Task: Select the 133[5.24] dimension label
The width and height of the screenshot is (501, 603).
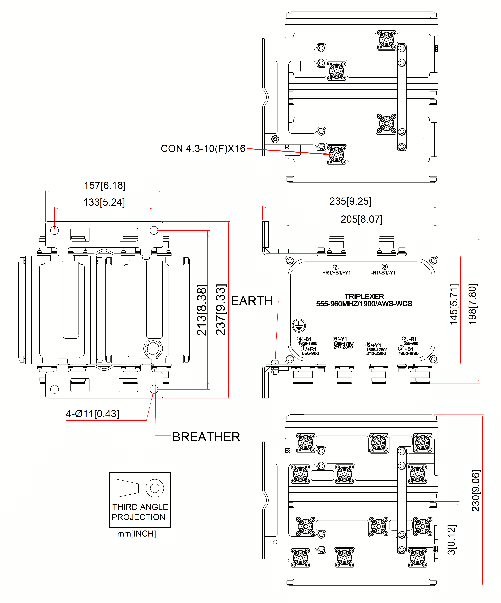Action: [104, 202]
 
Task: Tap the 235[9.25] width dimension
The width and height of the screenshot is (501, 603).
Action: [350, 201]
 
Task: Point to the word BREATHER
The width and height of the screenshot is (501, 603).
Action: [206, 437]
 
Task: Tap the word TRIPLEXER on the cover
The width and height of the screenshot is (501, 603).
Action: [364, 296]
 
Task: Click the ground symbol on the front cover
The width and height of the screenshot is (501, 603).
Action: [299, 325]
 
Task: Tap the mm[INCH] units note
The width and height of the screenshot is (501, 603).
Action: [136, 534]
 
